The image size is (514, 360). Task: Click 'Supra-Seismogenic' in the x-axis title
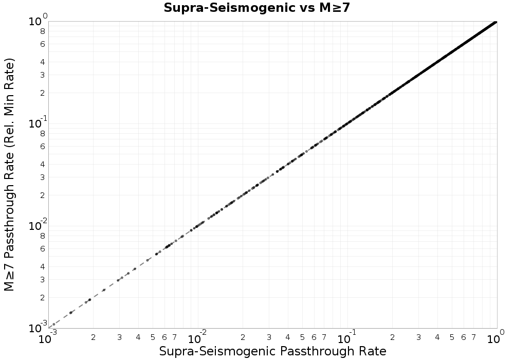coord(208,351)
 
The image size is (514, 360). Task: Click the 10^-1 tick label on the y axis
coord(37,123)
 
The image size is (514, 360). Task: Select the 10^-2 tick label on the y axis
coord(37,225)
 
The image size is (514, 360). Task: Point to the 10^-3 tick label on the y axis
coord(37,328)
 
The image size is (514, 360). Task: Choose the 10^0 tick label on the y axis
coord(37,21)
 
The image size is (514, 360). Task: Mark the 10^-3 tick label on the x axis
coord(48,338)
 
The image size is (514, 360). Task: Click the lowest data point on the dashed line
coord(54,324)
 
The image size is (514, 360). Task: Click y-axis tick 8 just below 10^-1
coord(43,133)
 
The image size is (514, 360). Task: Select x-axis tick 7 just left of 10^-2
coord(175,337)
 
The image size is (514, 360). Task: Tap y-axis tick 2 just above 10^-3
coord(43,297)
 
